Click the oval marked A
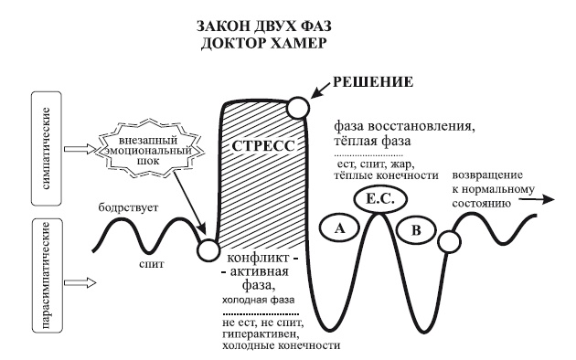click(338, 230)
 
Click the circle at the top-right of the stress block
click(297, 108)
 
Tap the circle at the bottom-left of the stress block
click(208, 249)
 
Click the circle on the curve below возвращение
click(448, 240)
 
